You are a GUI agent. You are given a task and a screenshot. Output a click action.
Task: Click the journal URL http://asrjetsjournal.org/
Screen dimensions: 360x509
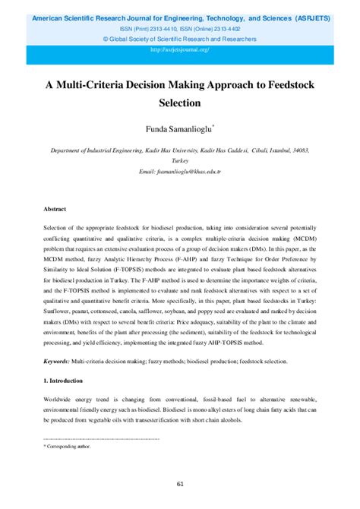tap(180, 50)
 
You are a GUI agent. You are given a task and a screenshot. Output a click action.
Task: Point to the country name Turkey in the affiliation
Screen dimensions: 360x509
tap(180, 163)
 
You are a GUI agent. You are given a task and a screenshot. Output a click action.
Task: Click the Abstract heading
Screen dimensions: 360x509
tap(55, 208)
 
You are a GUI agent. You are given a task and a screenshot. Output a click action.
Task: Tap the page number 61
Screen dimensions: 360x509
tap(180, 484)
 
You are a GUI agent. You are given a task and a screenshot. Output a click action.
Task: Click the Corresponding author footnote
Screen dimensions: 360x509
tap(68, 447)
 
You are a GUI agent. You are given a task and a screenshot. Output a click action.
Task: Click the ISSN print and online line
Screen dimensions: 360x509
tap(180, 27)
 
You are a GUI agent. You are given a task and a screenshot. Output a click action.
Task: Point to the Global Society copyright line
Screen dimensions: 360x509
tap(180, 38)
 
